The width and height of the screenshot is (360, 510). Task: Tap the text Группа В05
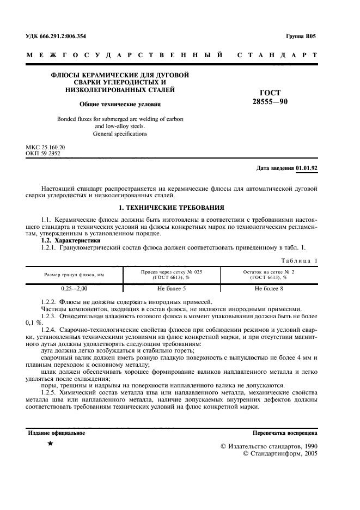pos(300,37)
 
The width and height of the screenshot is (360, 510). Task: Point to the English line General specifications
pos(120,133)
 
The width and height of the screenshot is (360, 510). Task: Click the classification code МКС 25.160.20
pos(46,148)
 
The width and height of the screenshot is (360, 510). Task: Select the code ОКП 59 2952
pos(43,154)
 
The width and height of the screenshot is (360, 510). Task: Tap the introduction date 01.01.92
pos(307,168)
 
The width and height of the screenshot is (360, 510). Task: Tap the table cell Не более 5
pos(172,288)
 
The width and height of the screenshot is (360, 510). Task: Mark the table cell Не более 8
pos(269,288)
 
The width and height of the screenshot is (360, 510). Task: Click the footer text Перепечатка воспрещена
pos(285,433)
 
